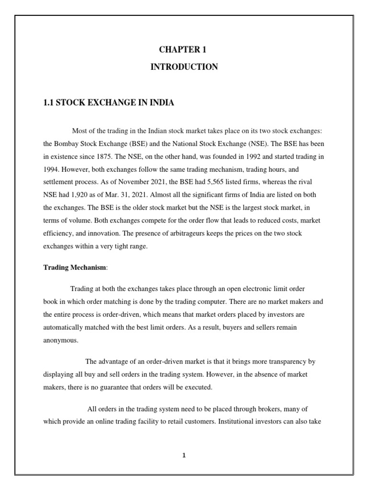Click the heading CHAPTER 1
coord(184,50)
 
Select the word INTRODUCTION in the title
coord(184,67)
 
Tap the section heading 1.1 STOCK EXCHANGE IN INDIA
coord(109,103)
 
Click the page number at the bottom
coord(184,456)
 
